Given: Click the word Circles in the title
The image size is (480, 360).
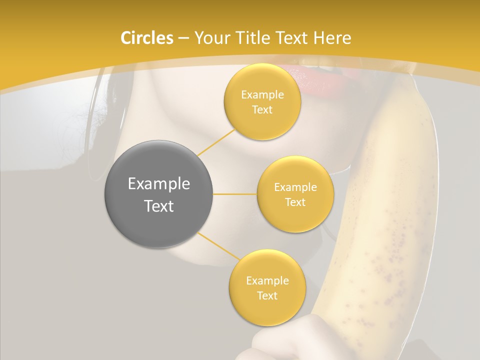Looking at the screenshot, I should [x=146, y=38].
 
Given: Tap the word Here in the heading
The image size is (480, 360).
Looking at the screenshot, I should [x=332, y=38].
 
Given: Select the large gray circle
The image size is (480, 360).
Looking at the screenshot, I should [x=159, y=194].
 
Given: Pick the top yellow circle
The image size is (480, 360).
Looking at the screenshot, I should [x=262, y=101].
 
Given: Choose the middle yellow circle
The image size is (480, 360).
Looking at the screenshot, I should [x=295, y=194].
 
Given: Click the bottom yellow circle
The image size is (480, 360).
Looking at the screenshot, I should [x=267, y=287].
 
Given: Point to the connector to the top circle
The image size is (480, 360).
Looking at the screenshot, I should [x=216, y=141].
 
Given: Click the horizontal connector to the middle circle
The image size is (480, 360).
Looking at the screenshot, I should [x=235, y=194].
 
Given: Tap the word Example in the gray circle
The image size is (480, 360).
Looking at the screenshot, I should [x=159, y=184].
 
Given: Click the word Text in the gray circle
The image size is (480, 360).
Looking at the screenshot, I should [x=159, y=205].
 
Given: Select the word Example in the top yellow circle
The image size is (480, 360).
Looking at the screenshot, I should [x=262, y=94].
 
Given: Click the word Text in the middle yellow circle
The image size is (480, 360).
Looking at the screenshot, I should [x=295, y=202].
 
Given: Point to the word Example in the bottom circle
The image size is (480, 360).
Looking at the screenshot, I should [x=267, y=280].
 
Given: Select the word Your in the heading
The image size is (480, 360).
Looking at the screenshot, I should [x=209, y=38].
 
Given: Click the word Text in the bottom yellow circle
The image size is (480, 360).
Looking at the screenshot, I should [x=267, y=295].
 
